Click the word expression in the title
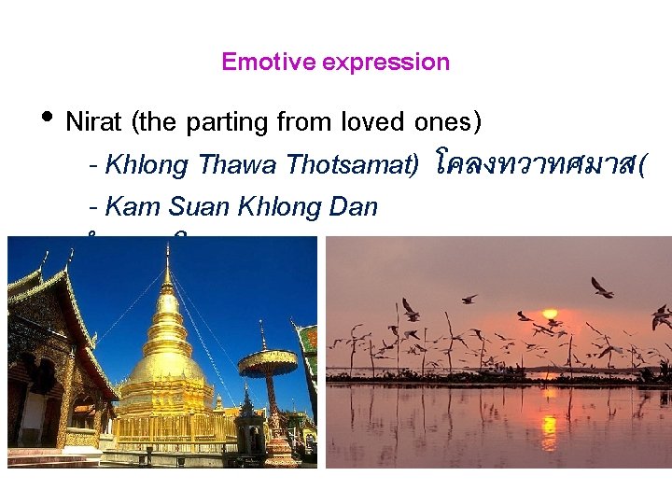[385, 63]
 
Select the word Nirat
[95, 122]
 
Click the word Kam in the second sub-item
[134, 206]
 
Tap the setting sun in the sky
[551, 315]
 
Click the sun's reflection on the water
[550, 430]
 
